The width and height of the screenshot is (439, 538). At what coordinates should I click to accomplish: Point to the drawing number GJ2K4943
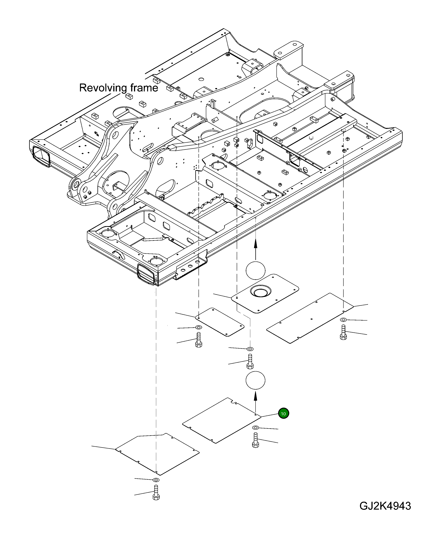[x=385, y=506]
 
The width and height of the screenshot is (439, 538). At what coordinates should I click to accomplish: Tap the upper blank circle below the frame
[x=255, y=270]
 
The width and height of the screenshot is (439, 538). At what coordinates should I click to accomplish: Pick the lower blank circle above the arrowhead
[x=255, y=380]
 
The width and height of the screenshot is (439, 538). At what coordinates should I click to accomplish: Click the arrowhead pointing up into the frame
[x=255, y=244]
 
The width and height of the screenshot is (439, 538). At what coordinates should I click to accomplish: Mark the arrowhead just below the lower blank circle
[x=255, y=396]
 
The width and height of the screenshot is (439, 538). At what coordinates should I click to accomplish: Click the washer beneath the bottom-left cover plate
[x=156, y=480]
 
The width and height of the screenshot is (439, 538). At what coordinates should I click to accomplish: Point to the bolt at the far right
[x=343, y=332]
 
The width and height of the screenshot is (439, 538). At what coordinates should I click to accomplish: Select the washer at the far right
[x=343, y=320]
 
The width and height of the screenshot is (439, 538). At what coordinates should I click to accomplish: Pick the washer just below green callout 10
[x=255, y=428]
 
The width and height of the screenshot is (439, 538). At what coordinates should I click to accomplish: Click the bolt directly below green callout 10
[x=255, y=440]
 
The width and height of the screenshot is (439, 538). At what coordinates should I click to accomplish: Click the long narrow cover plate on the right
[x=310, y=318]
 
